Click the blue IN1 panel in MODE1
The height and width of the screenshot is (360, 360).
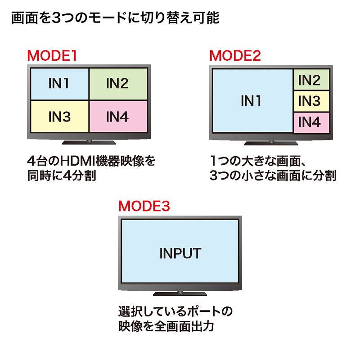[x=59, y=84]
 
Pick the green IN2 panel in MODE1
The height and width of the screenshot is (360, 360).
[x=118, y=84]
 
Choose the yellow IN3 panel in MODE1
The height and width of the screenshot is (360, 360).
[x=59, y=116]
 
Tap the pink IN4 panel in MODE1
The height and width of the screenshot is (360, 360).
[x=118, y=116]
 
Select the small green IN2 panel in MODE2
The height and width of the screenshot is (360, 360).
[x=310, y=80]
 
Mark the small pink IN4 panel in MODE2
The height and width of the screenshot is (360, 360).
[x=310, y=122]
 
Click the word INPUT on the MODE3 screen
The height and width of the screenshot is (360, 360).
[x=180, y=253]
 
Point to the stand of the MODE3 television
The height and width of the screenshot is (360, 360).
[x=180, y=293]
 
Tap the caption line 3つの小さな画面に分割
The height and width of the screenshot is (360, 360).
[x=273, y=175]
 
